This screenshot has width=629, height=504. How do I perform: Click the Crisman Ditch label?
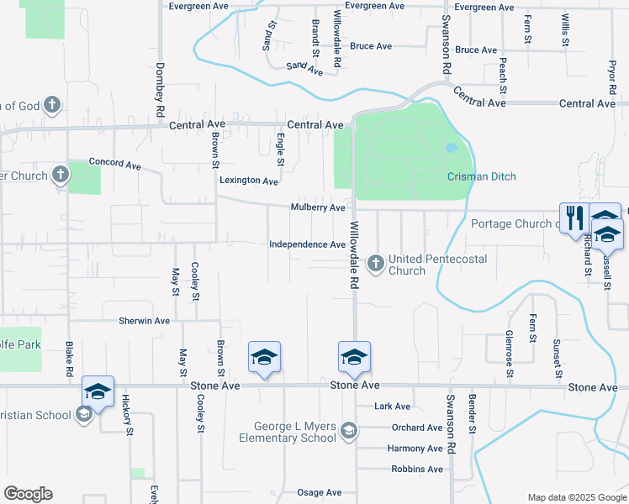pos(481,176)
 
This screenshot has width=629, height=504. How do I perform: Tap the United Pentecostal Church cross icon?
pos(375,265)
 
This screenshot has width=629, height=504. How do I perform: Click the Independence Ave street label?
pos(307,244)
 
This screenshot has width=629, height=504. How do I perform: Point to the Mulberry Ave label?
pos(318,207)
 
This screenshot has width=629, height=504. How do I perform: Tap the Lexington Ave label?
pos(248,181)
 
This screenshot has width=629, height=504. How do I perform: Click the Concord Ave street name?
pos(115,164)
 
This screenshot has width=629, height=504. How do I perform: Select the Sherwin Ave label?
pos(144,321)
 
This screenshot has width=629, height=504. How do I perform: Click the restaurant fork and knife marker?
pos(574,217)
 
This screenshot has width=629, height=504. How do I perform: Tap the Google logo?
pos(28,494)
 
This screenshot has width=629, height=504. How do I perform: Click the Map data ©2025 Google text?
pos(575,497)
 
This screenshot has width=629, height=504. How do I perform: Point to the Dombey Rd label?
pos(159,91)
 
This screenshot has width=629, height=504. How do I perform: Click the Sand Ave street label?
pos(304,66)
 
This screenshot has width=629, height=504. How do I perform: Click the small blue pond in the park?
pos(452,148)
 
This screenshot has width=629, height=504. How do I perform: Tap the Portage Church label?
pos(512,223)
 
